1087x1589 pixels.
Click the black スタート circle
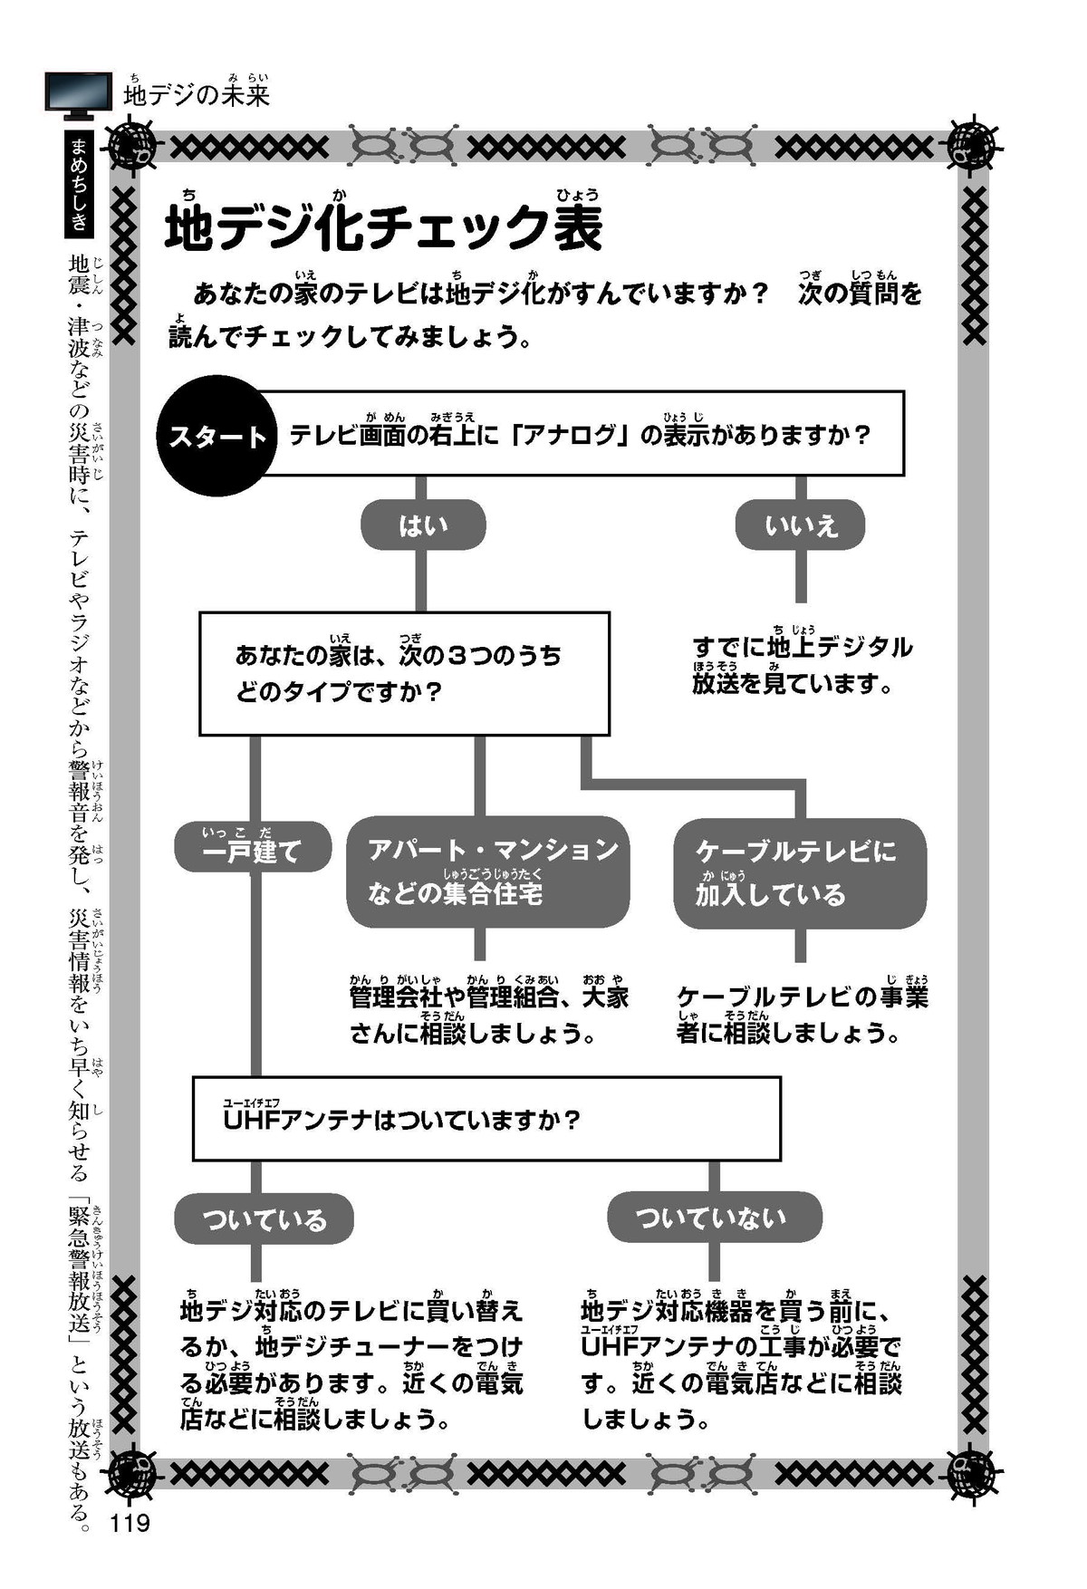[217, 436]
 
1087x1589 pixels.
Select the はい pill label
[423, 525]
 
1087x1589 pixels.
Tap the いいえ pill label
[800, 525]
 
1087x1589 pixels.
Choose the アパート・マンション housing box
[487, 872]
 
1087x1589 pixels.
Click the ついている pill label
[263, 1219]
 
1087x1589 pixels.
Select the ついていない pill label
[714, 1217]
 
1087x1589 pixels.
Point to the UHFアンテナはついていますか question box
[486, 1119]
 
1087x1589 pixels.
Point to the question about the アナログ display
[580, 435]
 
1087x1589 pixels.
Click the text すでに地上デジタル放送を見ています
[803, 665]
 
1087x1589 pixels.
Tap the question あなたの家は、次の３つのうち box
[404, 673]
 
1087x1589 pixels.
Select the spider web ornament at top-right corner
[972, 143]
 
